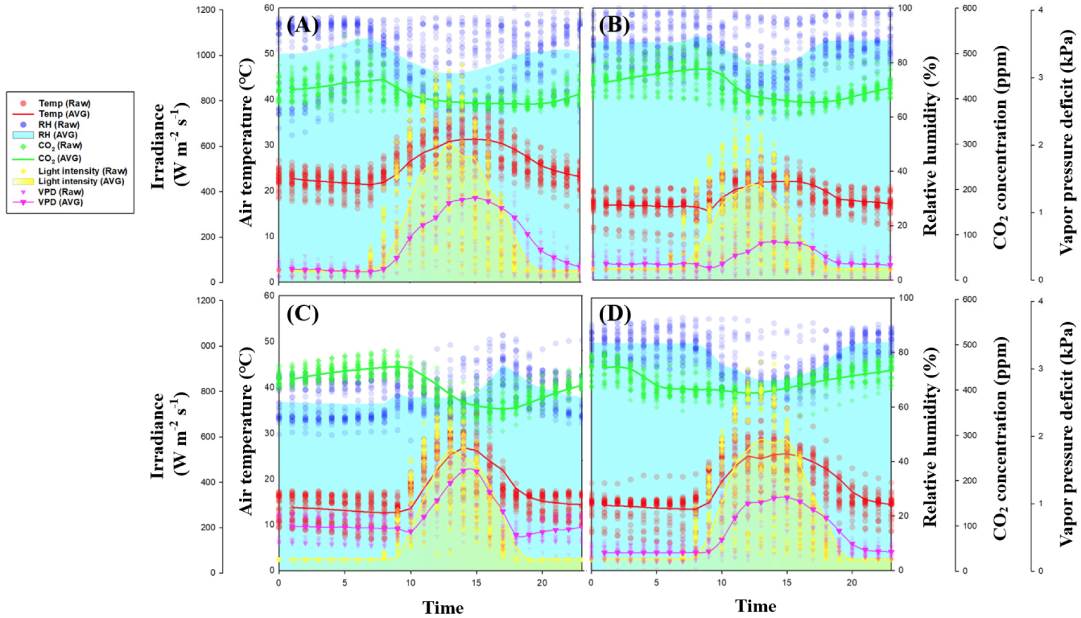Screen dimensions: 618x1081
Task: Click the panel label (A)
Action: point(302,25)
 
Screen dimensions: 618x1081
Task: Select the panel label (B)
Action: point(614,25)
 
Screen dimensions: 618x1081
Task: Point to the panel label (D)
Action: point(615,314)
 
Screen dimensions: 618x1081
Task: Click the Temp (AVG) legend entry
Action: point(64,114)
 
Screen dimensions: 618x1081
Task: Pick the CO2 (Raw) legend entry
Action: point(60,145)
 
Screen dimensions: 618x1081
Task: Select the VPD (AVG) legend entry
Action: point(60,202)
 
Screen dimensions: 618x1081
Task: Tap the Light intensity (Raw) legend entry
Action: point(82,171)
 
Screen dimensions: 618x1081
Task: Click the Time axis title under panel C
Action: point(443,607)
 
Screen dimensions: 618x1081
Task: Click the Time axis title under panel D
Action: point(755,606)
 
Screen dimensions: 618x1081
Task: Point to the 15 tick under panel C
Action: point(476,583)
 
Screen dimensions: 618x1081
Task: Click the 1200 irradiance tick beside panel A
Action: point(206,10)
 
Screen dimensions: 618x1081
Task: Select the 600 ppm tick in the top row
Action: point(969,8)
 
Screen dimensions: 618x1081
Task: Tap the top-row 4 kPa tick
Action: point(1040,10)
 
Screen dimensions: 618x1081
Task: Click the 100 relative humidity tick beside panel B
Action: point(905,8)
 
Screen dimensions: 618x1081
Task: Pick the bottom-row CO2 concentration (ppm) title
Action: point(1000,438)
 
